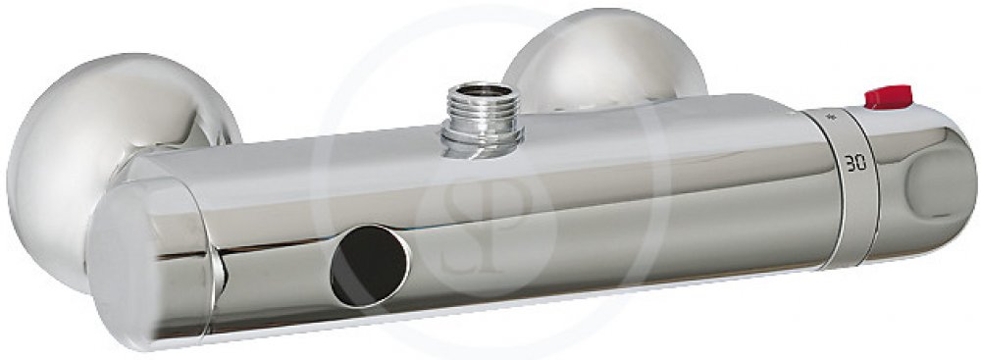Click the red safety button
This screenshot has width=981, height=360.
click(889, 98)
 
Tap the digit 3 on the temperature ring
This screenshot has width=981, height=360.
click(850, 164)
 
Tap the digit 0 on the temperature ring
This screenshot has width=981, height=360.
click(861, 164)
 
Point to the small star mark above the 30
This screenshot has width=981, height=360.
click(832, 116)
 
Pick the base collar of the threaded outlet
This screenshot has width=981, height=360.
click(482, 144)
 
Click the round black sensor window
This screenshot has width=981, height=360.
click(369, 266)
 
